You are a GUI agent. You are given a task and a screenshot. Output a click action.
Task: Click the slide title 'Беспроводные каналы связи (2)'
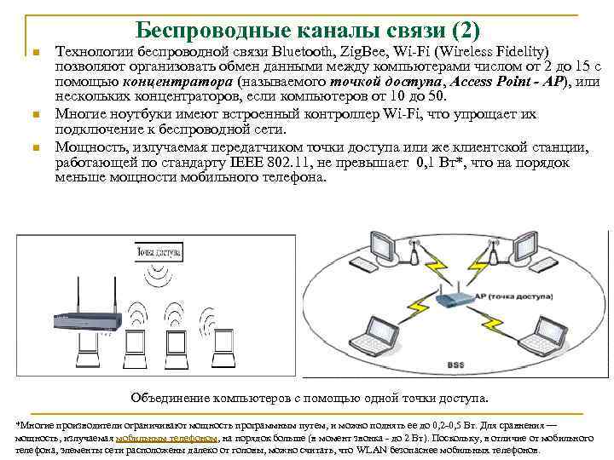(308, 29)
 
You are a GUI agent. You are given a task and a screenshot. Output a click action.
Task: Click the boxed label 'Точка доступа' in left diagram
(159, 254)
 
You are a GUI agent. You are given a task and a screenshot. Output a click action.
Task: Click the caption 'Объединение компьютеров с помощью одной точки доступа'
(310, 398)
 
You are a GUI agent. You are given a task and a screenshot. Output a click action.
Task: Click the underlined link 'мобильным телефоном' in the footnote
(167, 438)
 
